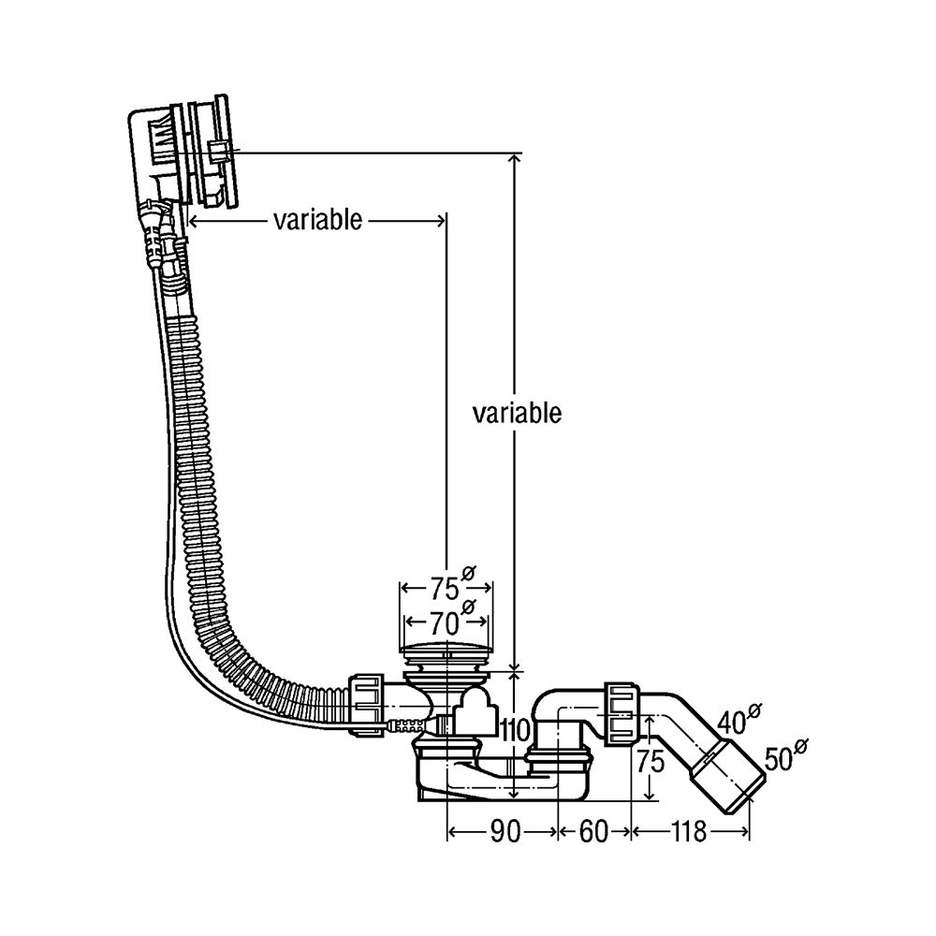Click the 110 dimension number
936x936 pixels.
[516, 730]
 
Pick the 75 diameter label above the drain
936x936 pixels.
[446, 589]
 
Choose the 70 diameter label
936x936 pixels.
[446, 621]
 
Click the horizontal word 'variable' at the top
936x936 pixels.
[317, 220]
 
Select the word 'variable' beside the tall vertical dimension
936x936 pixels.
[517, 413]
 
